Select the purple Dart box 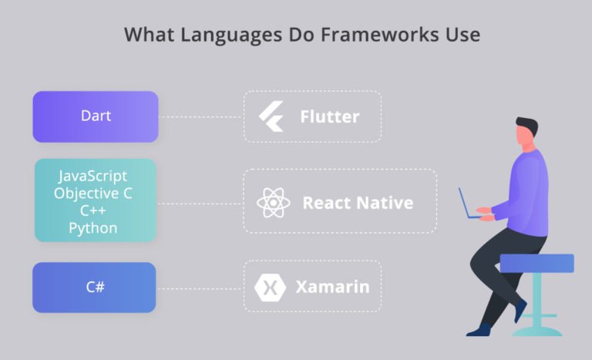pos(96,116)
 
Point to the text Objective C pos(93,193)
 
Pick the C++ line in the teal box pos(93,210)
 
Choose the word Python pos(93,227)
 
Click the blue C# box pos(94,288)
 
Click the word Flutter pos(329,117)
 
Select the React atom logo pos(273,203)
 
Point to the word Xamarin pos(332,288)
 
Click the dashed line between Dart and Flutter pos(200,117)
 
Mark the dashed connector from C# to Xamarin pos(200,288)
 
